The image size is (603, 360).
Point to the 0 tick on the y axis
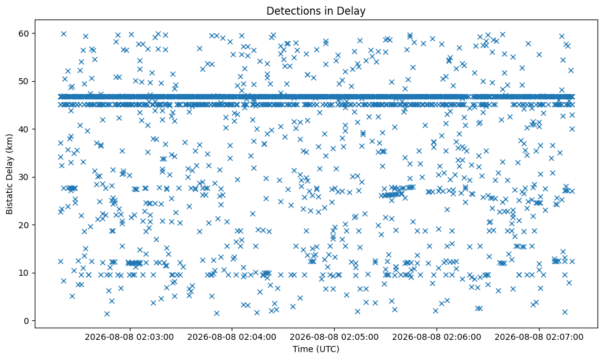[x=26, y=321]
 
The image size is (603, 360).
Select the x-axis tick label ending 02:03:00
[x=129, y=337]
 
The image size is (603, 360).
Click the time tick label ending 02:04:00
[x=232, y=337]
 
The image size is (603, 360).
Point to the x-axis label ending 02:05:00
[x=334, y=337]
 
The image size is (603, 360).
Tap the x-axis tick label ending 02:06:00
[x=437, y=337]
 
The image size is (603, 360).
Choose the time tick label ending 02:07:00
[x=539, y=337]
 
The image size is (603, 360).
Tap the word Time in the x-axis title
[x=303, y=349]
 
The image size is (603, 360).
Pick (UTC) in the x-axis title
[x=327, y=350]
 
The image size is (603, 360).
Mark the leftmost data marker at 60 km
[x=63, y=34]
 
